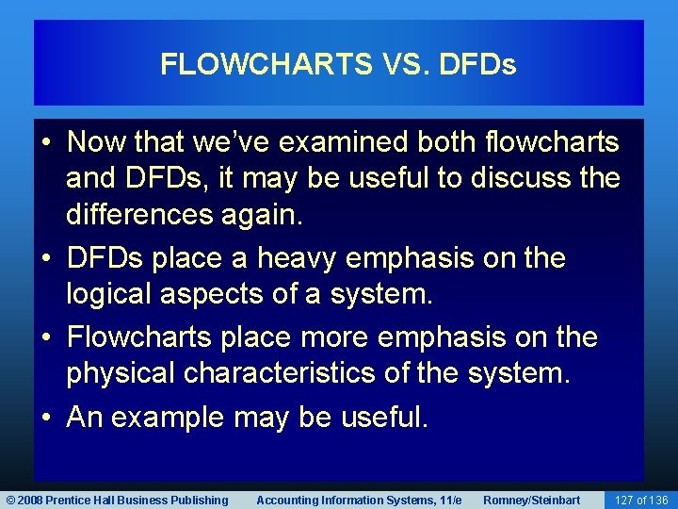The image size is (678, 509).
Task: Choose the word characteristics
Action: click(x=294, y=373)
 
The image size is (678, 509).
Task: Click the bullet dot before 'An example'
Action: click(x=47, y=417)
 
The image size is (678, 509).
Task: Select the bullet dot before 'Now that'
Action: click(x=47, y=142)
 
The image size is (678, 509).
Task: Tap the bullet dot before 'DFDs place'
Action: click(x=47, y=258)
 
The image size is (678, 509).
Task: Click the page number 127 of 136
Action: click(x=640, y=500)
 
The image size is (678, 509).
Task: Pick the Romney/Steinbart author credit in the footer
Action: click(x=531, y=500)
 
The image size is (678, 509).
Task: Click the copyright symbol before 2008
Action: click(x=11, y=500)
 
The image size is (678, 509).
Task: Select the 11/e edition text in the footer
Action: click(x=448, y=500)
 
